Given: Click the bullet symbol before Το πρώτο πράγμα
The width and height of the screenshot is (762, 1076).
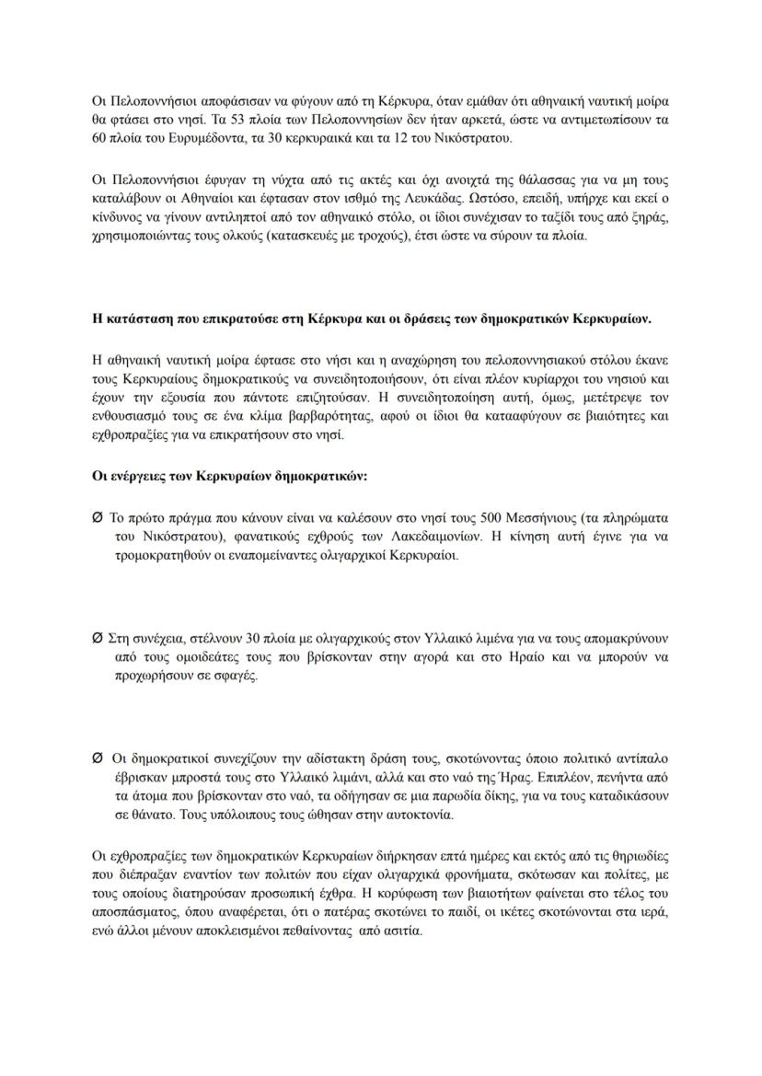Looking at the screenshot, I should [x=98, y=518].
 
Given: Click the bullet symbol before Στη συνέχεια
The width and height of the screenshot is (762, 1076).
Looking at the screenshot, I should [x=98, y=637].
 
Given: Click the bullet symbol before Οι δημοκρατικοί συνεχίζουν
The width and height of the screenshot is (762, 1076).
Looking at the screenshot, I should [x=98, y=758].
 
